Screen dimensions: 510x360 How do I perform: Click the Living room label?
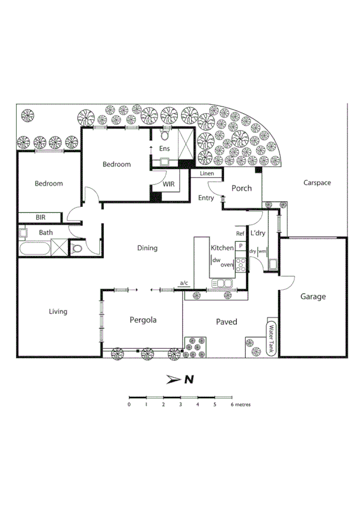point(58,312)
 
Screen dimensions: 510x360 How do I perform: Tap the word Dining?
point(147,248)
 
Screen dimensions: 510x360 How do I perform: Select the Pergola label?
point(143,320)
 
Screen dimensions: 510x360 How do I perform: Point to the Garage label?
point(313,296)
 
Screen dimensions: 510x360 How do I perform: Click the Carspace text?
point(317,182)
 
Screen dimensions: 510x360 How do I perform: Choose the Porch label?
point(242,188)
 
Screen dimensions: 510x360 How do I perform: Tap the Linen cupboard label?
point(207,174)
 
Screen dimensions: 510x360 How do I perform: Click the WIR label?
point(168,184)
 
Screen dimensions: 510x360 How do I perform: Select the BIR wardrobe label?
point(40,217)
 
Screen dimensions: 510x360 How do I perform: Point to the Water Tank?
point(272,339)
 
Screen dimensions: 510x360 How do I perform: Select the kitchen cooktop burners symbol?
point(240,263)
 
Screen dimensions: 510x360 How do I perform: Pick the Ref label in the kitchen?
point(240,233)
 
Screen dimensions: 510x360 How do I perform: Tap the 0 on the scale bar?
point(129,405)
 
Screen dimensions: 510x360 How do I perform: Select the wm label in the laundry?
point(263,251)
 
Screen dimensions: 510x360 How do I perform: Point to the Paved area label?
point(227,322)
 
